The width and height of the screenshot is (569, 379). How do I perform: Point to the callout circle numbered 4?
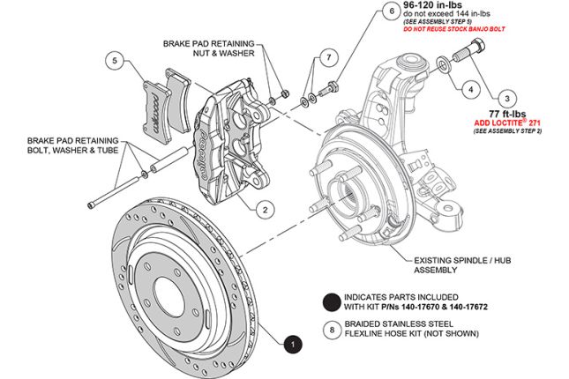[471, 89]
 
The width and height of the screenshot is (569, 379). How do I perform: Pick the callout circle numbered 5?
[113, 61]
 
